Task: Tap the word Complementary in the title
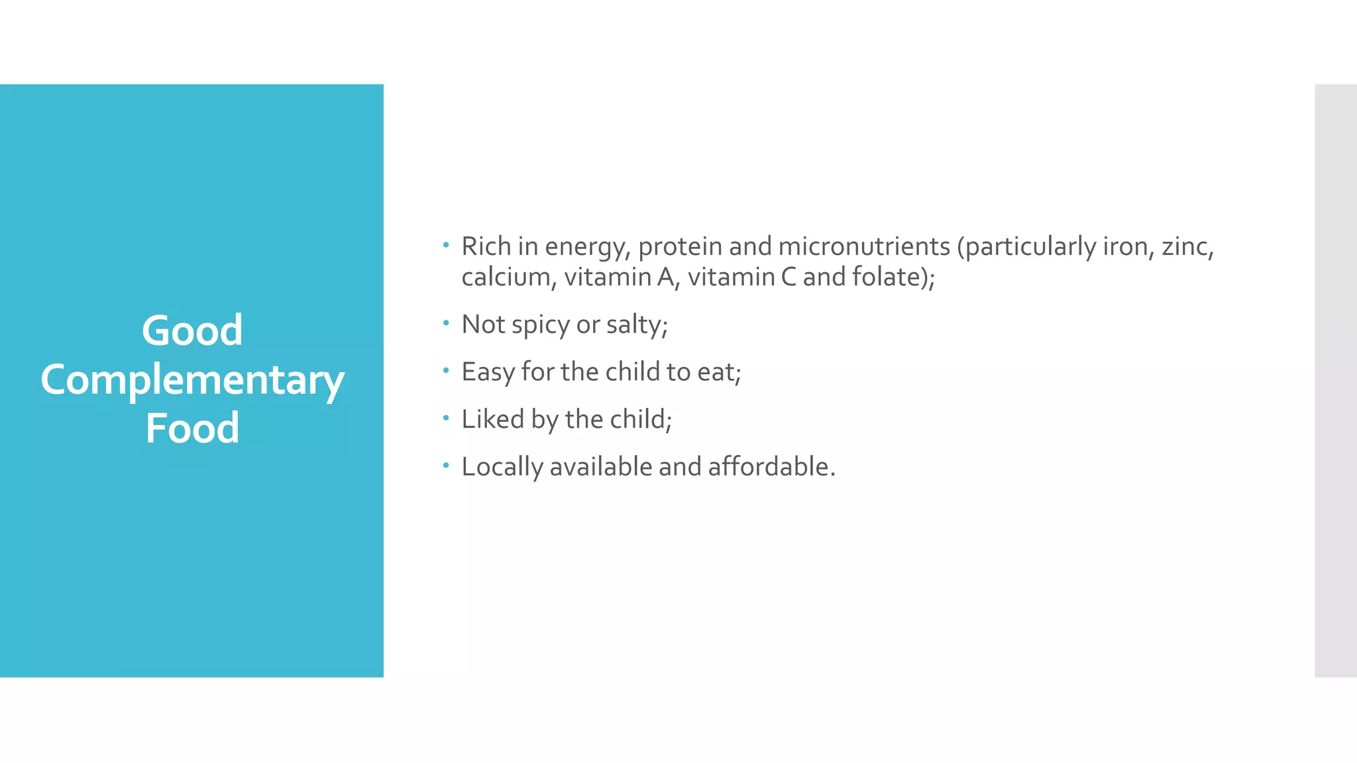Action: (x=192, y=380)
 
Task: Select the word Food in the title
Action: (x=192, y=428)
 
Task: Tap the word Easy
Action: (x=488, y=372)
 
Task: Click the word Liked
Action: (x=492, y=419)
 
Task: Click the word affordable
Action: (x=771, y=467)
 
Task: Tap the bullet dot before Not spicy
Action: (x=446, y=323)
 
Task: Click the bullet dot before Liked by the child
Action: (x=446, y=418)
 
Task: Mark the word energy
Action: (x=586, y=248)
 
